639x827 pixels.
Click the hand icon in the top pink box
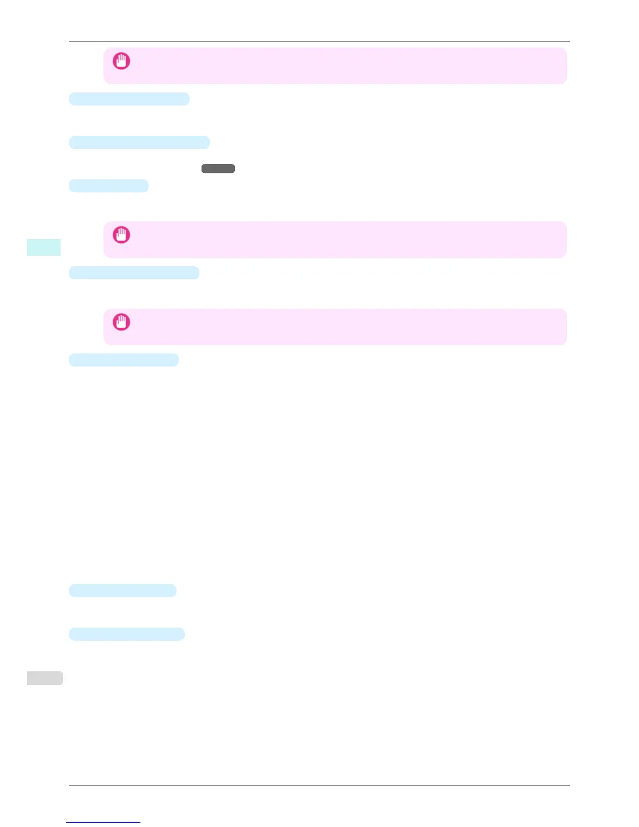pyautogui.click(x=122, y=61)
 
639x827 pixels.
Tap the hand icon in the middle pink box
pyautogui.click(x=122, y=235)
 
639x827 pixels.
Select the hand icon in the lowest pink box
pyautogui.click(x=122, y=322)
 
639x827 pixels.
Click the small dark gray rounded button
pyautogui.click(x=218, y=169)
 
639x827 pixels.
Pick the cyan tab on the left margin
pyautogui.click(x=44, y=247)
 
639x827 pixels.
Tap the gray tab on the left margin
pyautogui.click(x=45, y=678)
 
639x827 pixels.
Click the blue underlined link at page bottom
pyautogui.click(x=103, y=822)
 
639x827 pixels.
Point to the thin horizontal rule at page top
pyautogui.click(x=319, y=41)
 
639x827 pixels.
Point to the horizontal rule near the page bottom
pyautogui.click(x=319, y=785)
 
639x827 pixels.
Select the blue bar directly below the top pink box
pyautogui.click(x=129, y=99)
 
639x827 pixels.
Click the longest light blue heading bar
pyautogui.click(x=139, y=142)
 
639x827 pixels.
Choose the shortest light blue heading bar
pyautogui.click(x=109, y=185)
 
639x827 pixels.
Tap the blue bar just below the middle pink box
pyautogui.click(x=134, y=273)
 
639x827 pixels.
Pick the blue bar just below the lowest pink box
pyautogui.click(x=124, y=360)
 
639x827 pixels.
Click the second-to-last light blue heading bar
pyautogui.click(x=123, y=590)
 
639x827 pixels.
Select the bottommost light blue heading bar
pyautogui.click(x=127, y=634)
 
